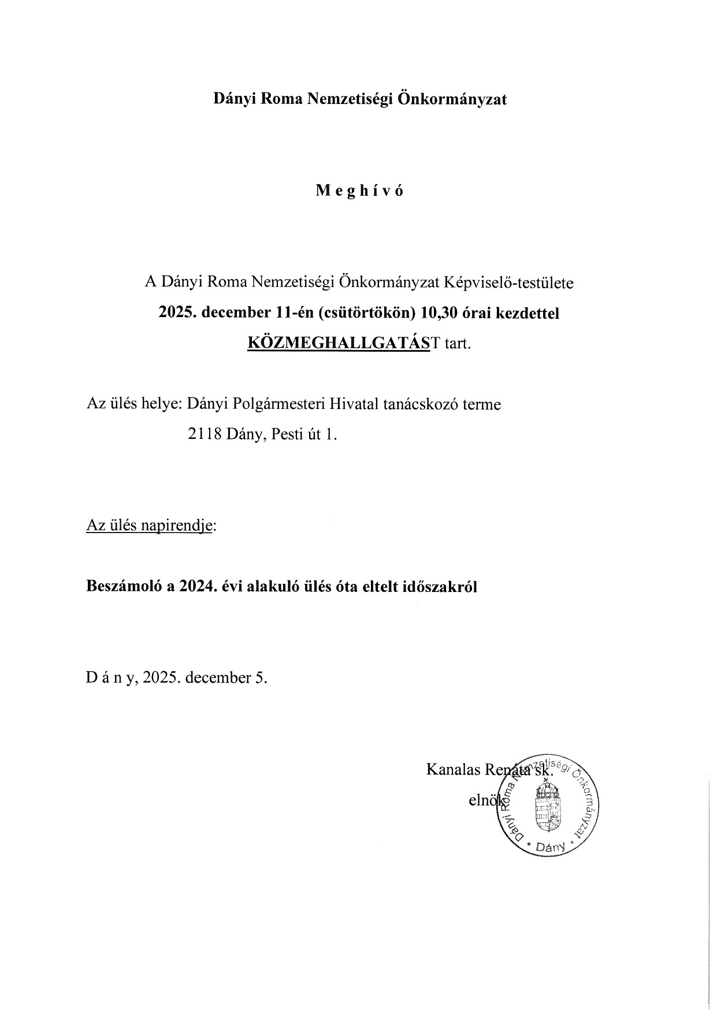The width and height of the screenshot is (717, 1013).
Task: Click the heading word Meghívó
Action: point(359,191)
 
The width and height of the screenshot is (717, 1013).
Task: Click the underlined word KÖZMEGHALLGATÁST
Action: point(340,343)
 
